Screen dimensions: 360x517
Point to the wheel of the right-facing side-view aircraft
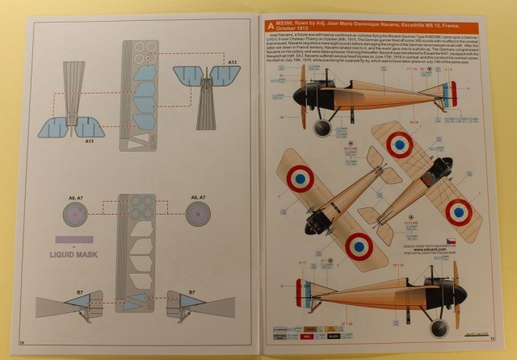[x=438, y=327]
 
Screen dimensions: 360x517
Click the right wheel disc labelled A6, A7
[x=199, y=214]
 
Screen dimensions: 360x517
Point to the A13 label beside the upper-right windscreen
[x=232, y=61]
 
